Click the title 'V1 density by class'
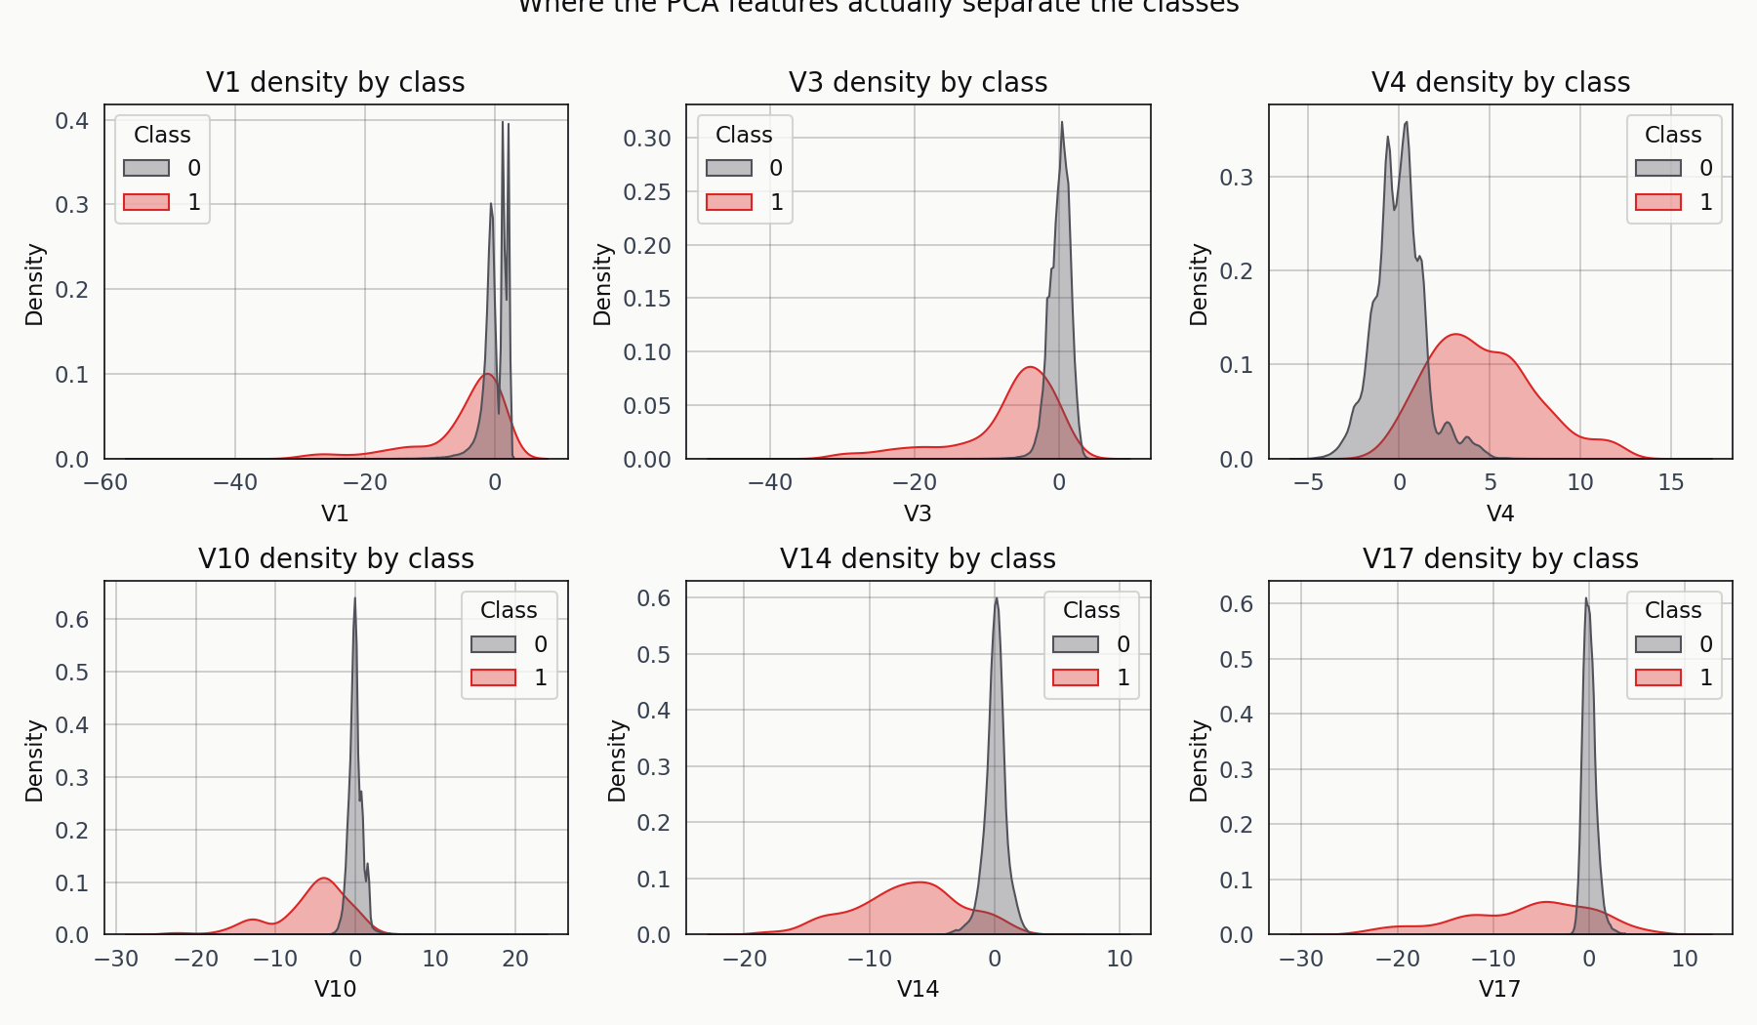click(335, 82)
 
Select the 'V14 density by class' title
click(918, 558)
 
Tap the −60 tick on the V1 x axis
click(104, 482)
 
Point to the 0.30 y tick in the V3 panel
click(647, 139)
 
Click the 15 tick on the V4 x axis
click(1671, 482)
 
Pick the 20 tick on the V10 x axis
click(515, 959)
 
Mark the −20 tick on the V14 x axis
click(744, 959)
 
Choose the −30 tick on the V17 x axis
click(1301, 959)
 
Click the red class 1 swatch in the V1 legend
click(146, 202)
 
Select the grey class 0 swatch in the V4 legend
click(1658, 168)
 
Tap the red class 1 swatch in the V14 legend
click(1076, 677)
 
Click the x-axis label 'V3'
click(918, 513)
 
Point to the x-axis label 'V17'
click(1499, 989)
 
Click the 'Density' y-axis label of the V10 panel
click(35, 761)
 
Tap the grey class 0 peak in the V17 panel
click(1586, 598)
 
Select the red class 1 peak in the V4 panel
click(1456, 335)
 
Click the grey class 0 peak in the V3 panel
click(1062, 122)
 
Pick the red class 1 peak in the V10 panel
click(324, 879)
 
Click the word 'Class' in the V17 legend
click(1673, 610)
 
